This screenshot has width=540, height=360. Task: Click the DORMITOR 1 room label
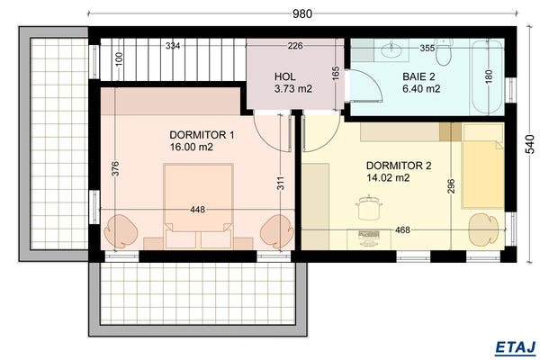tap(202, 134)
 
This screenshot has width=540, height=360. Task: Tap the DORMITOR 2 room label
tap(399, 166)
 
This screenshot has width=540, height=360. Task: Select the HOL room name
tap(284, 76)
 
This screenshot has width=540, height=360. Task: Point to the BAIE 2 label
tap(420, 76)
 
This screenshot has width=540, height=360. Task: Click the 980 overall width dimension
tap(302, 13)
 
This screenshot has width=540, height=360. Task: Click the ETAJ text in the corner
tap(516, 346)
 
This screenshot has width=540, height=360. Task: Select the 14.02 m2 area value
tap(388, 178)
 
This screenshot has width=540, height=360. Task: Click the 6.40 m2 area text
tap(420, 89)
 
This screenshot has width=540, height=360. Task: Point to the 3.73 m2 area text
tap(292, 89)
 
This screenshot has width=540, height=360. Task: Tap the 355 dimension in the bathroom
tap(427, 48)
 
